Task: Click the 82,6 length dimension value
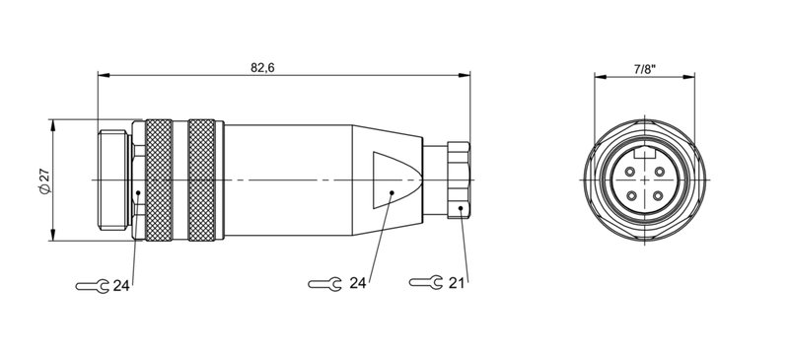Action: [261, 67]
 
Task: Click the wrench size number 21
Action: [456, 283]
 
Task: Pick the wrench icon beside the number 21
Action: [424, 283]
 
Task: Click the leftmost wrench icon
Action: [92, 286]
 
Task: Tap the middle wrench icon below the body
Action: [325, 284]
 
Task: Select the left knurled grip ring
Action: [158, 180]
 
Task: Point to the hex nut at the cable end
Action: [459, 180]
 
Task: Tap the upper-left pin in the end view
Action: [630, 174]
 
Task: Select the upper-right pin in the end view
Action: [655, 174]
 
